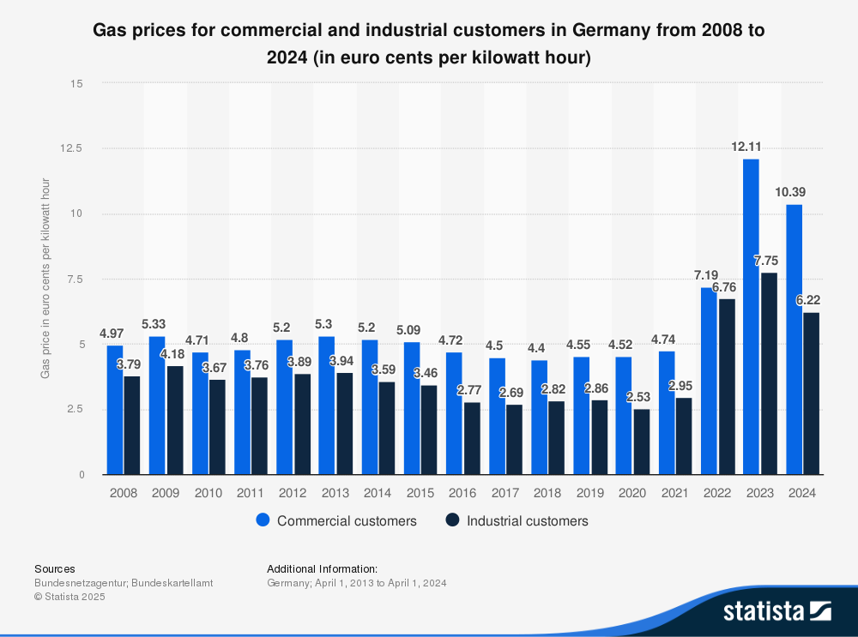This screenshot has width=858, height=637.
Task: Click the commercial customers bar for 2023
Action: [751, 317]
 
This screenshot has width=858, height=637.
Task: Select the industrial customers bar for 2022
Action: [726, 387]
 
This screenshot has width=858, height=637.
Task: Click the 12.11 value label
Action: [746, 147]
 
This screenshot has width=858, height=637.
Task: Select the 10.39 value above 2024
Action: [789, 192]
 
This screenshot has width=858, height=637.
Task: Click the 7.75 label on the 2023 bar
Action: [766, 261]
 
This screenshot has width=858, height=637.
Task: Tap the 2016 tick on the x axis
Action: [462, 493]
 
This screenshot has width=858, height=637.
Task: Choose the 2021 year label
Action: [675, 493]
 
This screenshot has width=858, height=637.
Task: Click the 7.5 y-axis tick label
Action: [76, 279]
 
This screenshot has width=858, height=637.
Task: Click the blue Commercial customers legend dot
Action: [263, 520]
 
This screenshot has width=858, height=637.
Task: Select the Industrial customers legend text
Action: [528, 520]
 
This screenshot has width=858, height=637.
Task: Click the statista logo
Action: [776, 610]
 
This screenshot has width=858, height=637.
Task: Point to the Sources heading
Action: [54, 568]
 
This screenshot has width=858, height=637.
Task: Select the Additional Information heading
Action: [322, 568]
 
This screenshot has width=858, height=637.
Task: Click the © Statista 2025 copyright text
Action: [69, 597]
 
